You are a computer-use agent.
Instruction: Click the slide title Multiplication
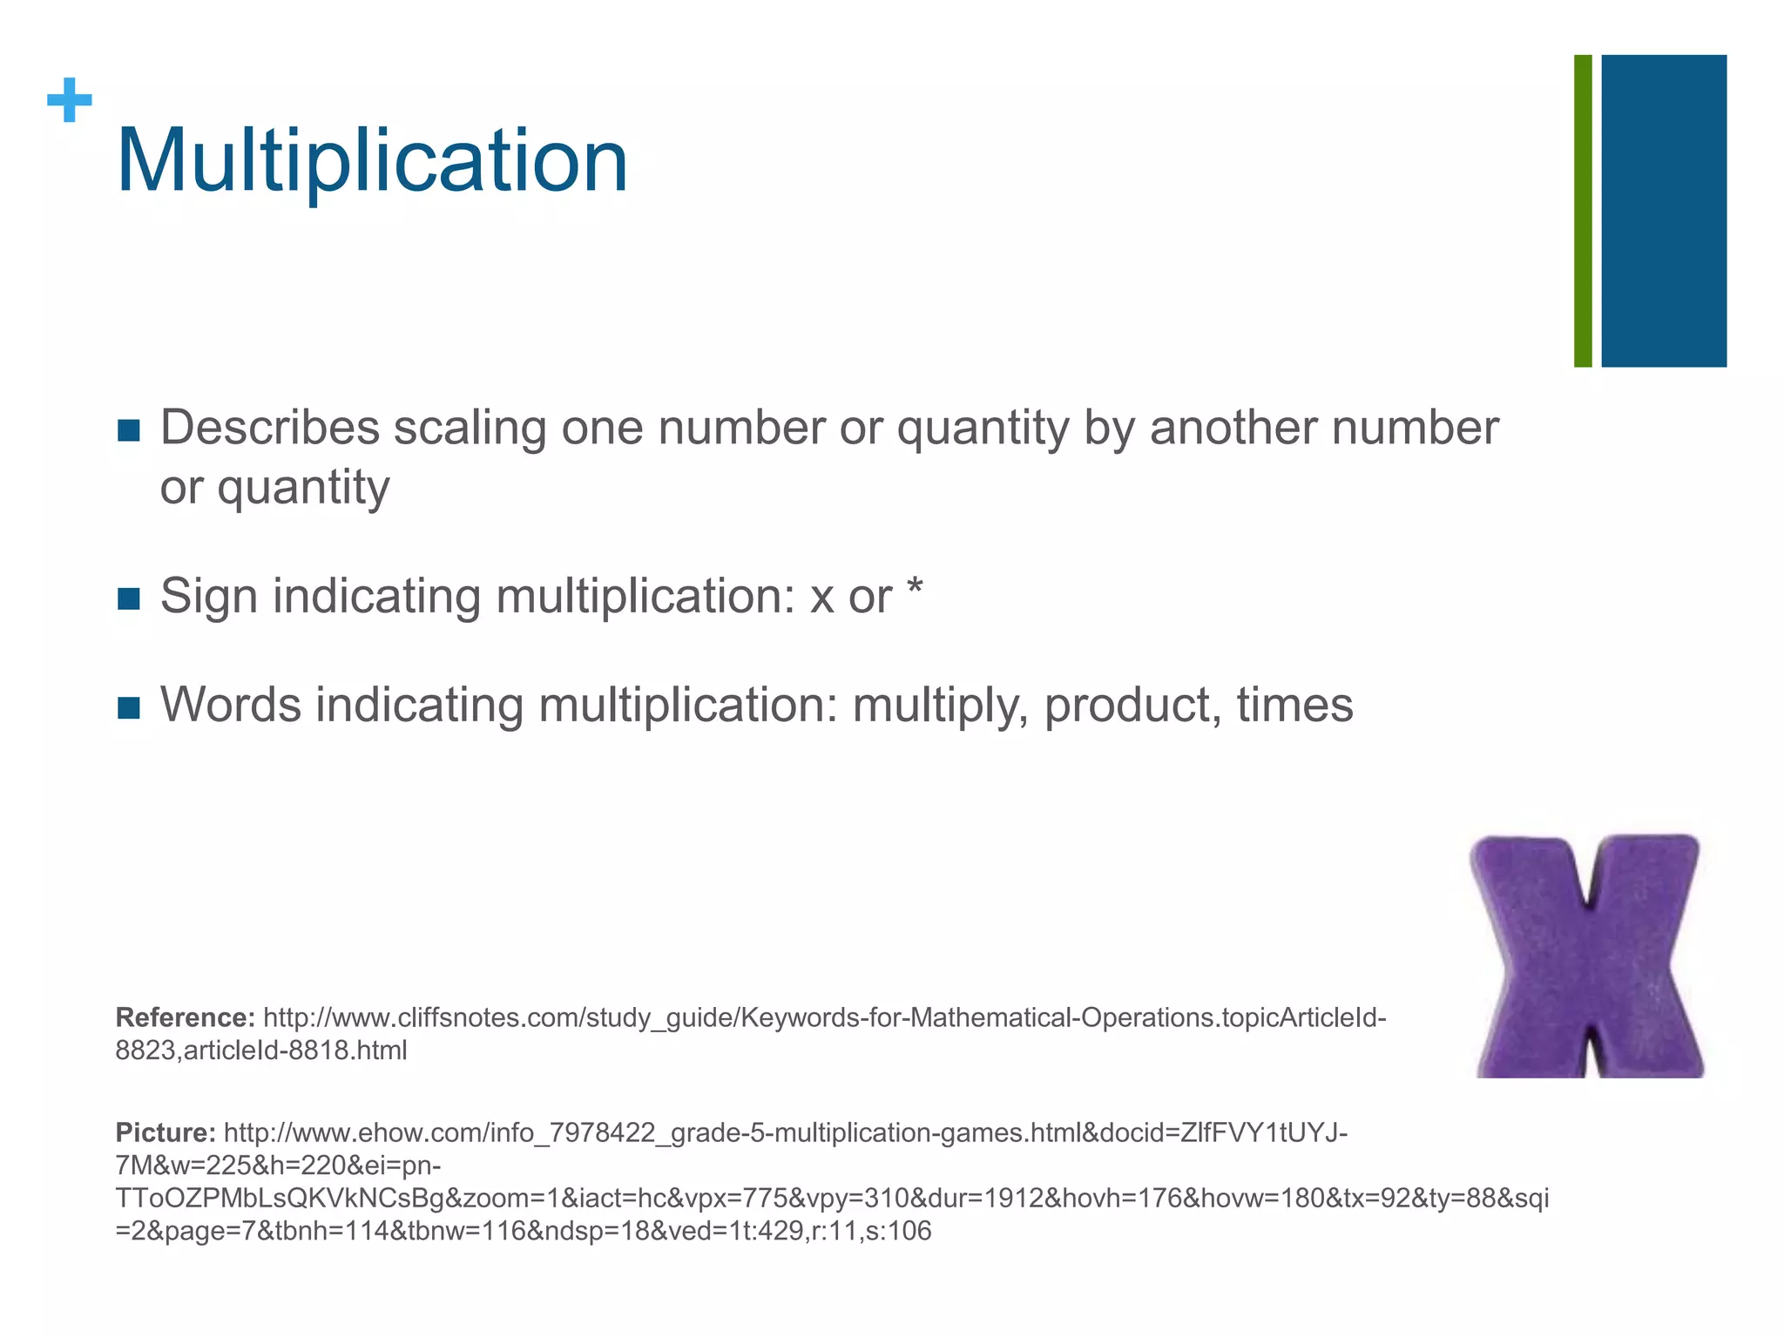pos(372,161)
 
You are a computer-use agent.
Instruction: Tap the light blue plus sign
pos(70,100)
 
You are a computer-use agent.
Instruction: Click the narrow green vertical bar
pos(1583,211)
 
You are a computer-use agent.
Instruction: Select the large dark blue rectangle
pos(1664,211)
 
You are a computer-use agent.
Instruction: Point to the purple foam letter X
pos(1588,956)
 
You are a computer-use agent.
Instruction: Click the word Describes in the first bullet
pos(270,428)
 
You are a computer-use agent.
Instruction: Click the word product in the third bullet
pos(1131,705)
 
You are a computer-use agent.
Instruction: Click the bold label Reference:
pos(185,1017)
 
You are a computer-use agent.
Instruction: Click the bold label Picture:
pos(166,1132)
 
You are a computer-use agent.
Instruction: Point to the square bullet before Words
pos(128,707)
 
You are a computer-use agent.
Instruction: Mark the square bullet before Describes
pos(128,430)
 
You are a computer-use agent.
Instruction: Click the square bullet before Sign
pos(128,599)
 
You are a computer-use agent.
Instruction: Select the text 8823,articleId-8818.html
pos(261,1051)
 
